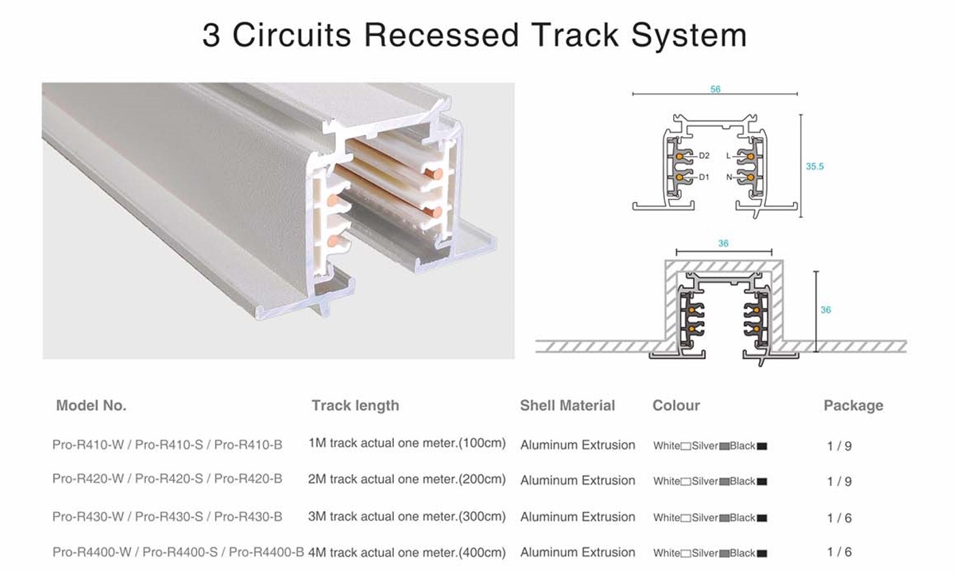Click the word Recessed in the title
442,35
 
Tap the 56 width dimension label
715,89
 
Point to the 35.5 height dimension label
815,166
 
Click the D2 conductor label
704,156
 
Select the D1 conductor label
704,177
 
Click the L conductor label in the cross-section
728,156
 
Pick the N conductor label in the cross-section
729,177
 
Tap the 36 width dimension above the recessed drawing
723,243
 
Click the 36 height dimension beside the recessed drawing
826,310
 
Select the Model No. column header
91,405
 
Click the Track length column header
355,405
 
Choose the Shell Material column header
568,405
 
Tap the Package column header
854,405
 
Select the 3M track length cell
407,516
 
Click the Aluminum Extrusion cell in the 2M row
577,480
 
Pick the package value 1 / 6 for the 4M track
839,552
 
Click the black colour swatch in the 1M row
762,446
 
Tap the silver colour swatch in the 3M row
724,518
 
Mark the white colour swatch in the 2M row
685,482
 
